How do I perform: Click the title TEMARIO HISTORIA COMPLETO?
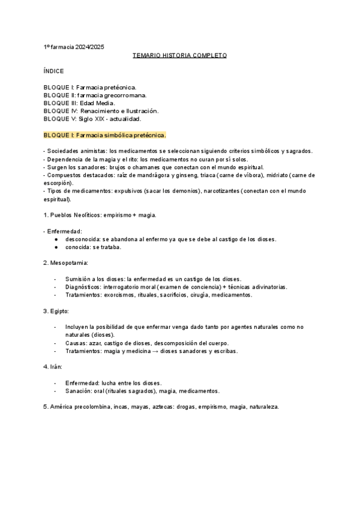point(179,55)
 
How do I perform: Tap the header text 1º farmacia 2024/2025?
point(74,47)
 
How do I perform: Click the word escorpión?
point(58,182)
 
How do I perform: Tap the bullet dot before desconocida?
point(56,239)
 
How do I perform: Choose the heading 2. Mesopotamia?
point(66,263)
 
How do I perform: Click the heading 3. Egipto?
point(56,311)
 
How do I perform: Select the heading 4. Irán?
point(53,367)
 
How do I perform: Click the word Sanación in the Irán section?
point(80,390)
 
